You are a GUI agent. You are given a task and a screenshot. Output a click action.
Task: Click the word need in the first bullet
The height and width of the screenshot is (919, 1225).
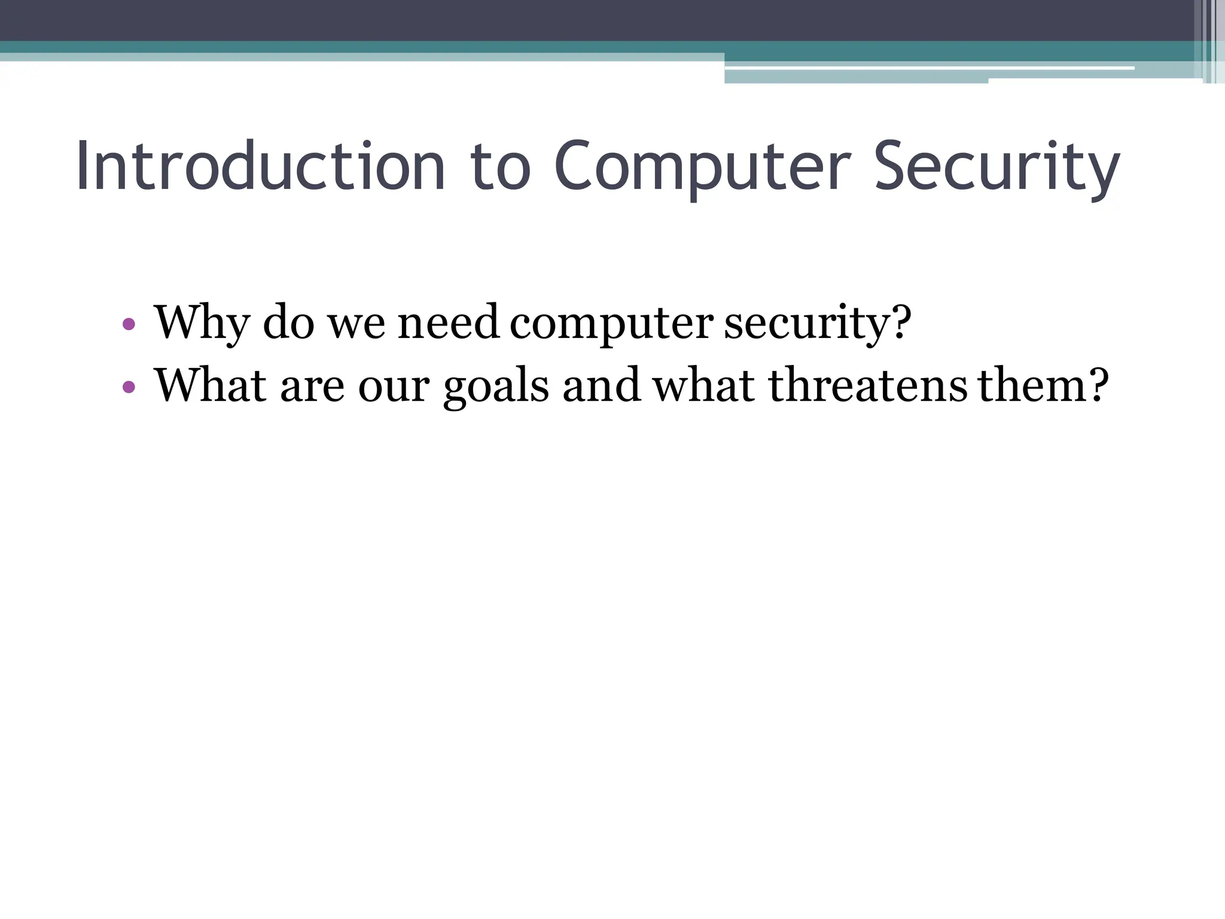pos(448,323)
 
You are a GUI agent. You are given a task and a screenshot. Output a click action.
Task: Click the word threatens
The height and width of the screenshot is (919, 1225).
pos(868,386)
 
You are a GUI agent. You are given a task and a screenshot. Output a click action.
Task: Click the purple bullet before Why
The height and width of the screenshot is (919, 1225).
pos(129,325)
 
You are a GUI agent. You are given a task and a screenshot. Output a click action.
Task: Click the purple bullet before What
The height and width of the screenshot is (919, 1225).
pos(129,387)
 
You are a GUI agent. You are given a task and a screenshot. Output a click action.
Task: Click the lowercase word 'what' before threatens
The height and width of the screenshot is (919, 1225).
pos(703,386)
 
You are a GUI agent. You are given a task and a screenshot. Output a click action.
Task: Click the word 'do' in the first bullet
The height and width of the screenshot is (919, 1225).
pos(289,323)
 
